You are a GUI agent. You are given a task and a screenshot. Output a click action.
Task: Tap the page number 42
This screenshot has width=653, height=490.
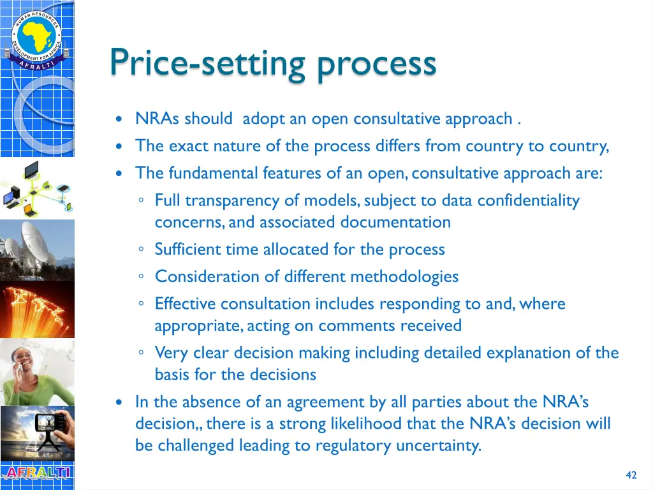(631, 475)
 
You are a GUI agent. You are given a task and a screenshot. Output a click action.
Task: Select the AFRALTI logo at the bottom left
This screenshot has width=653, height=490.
(37, 473)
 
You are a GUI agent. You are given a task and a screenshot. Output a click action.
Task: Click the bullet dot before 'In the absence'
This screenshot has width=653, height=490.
(119, 403)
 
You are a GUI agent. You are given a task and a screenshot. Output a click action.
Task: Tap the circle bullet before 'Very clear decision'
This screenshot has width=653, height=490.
(141, 353)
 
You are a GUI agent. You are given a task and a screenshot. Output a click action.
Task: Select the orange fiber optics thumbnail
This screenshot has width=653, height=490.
(37, 309)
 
